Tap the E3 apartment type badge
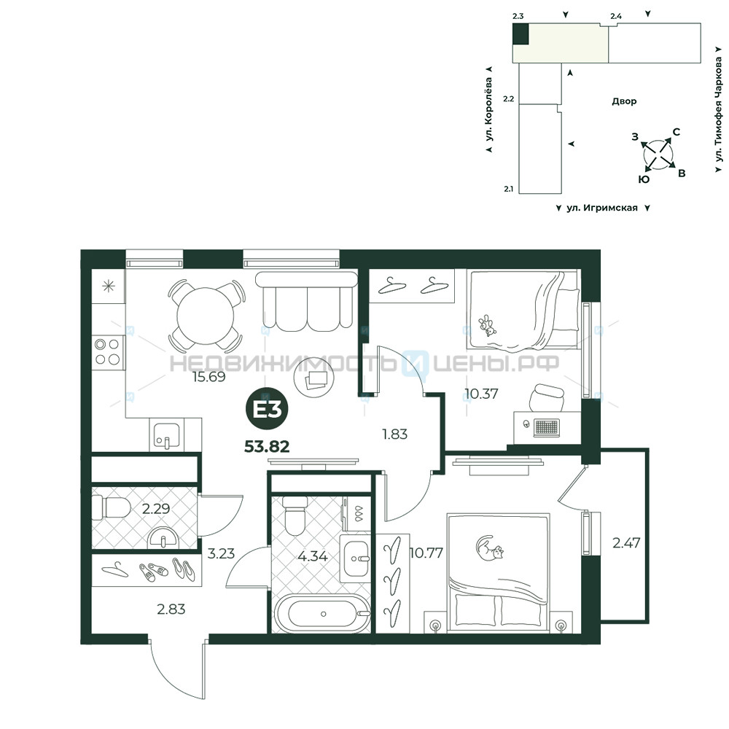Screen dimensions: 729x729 click(x=267, y=409)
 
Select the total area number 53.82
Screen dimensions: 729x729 click(x=267, y=447)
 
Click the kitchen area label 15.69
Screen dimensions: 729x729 click(x=209, y=377)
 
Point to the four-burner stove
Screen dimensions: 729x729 click(x=108, y=352)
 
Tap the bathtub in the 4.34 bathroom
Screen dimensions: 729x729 click(x=323, y=613)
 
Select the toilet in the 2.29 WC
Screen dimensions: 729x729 click(x=112, y=507)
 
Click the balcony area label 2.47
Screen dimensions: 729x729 click(x=626, y=542)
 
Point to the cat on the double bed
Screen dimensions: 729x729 click(x=490, y=547)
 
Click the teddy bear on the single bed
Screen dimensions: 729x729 click(x=487, y=325)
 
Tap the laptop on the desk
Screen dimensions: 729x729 click(x=547, y=426)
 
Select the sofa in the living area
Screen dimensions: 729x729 click(x=307, y=301)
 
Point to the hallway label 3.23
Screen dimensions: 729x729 click(x=221, y=554)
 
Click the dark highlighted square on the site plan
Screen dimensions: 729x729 click(x=521, y=34)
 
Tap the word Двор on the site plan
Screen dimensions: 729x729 click(x=624, y=101)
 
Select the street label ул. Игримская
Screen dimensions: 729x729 click(x=602, y=208)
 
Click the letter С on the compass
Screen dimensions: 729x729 click(x=677, y=132)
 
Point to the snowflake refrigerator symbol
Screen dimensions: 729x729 click(x=109, y=286)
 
